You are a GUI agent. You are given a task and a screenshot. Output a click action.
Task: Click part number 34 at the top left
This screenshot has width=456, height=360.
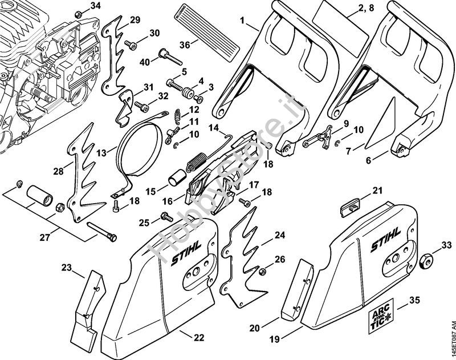point(95,6)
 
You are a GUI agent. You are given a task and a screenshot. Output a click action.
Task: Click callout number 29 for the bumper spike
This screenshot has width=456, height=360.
point(135,20)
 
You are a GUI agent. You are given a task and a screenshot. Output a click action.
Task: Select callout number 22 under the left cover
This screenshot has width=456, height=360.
point(198,337)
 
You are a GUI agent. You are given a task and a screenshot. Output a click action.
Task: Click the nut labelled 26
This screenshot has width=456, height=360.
point(263,269)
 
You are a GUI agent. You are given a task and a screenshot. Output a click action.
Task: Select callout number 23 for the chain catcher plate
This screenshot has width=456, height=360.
point(67,267)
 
